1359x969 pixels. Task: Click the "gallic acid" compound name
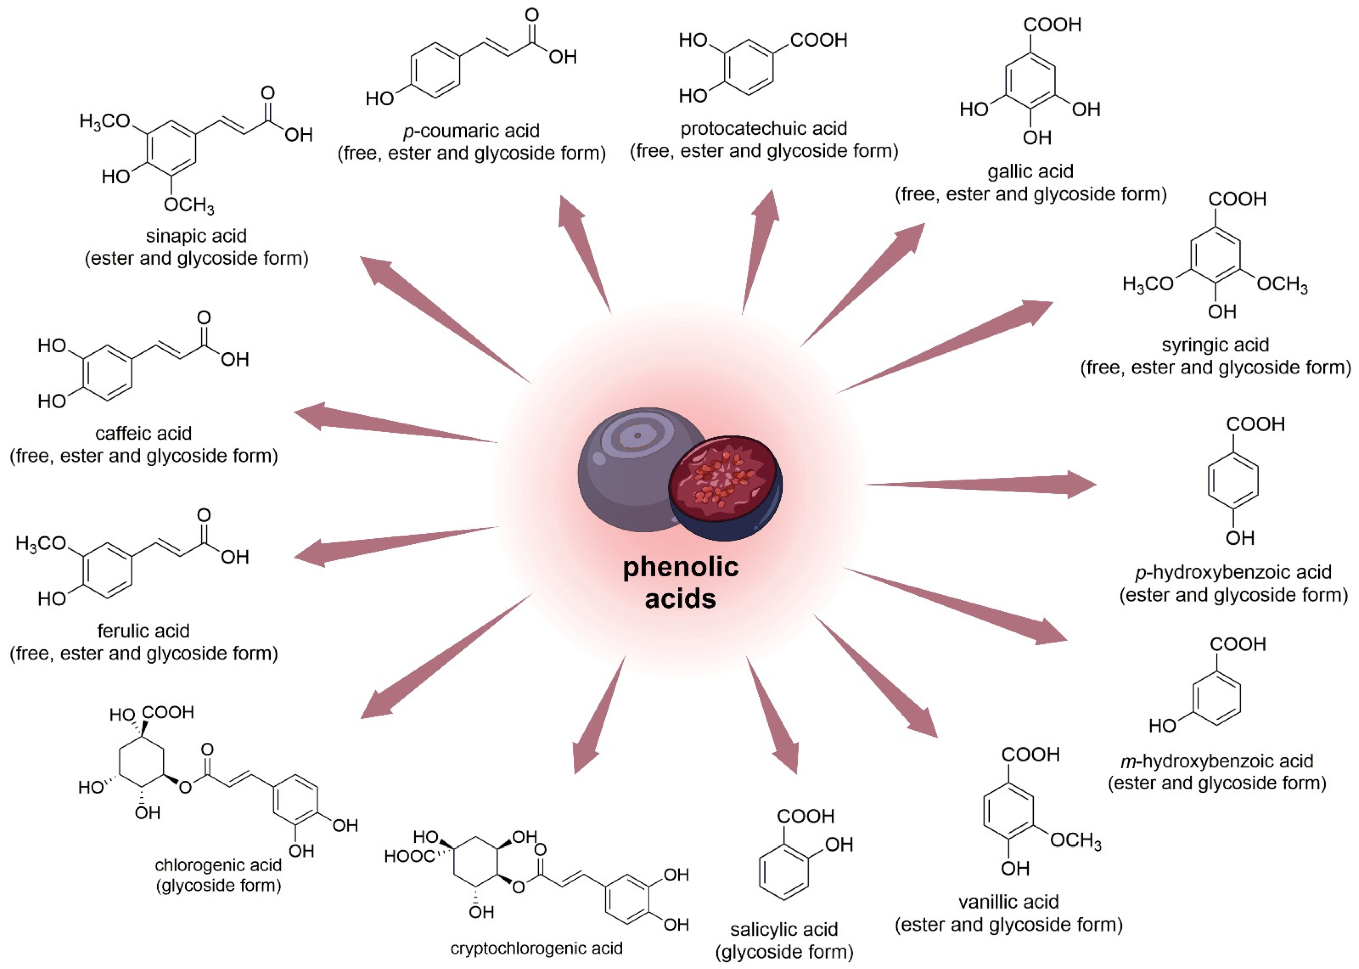pyautogui.click(x=1030, y=172)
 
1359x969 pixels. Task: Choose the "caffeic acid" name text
pyautogui.click(x=143, y=433)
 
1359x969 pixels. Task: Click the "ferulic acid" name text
pyautogui.click(x=143, y=631)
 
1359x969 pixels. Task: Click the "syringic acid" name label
pyautogui.click(x=1215, y=345)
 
